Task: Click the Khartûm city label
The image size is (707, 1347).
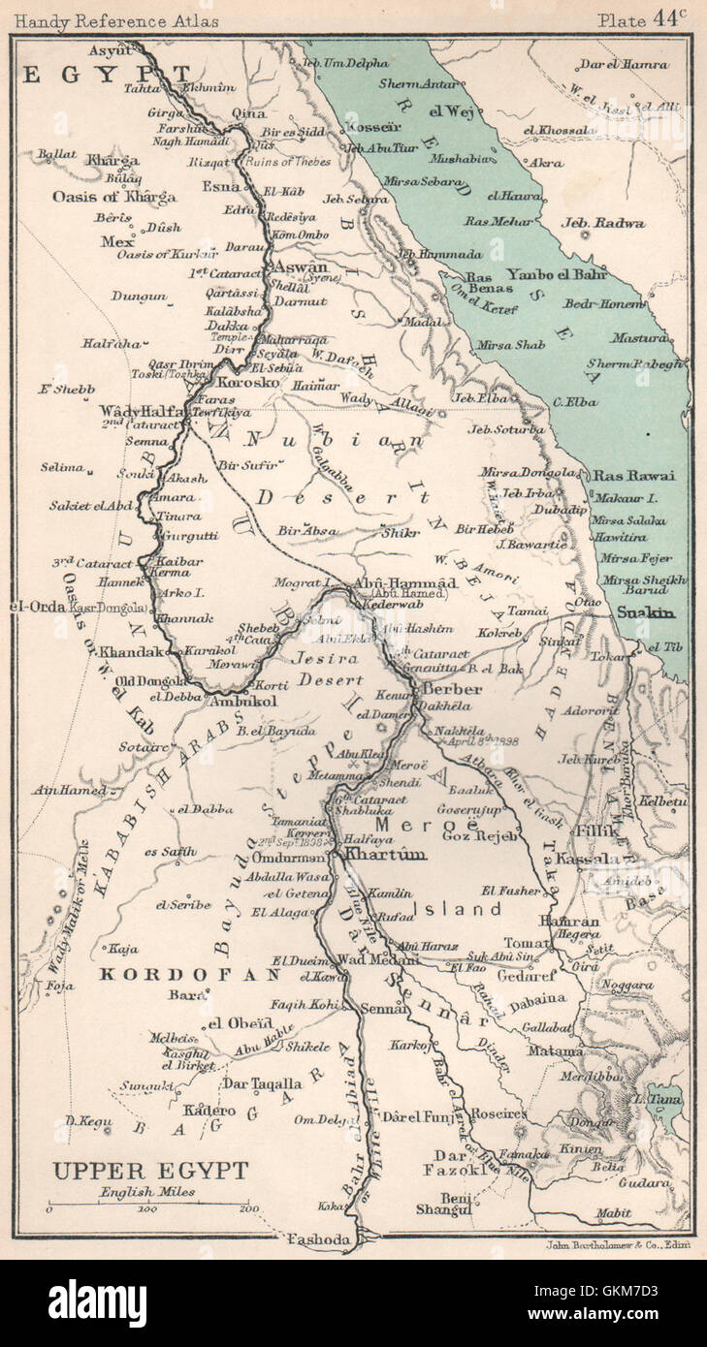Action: [x=386, y=855]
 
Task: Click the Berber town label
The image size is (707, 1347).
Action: [x=452, y=689]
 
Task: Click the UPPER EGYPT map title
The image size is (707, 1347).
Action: [x=149, y=1171]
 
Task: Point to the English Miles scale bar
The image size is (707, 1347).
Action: [x=148, y=1207]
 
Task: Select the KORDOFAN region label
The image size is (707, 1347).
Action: [x=190, y=975]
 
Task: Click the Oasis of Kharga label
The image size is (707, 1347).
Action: [x=114, y=197]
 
